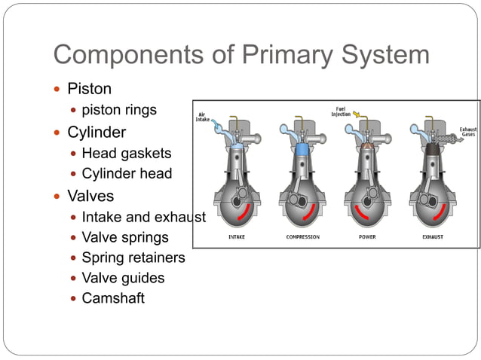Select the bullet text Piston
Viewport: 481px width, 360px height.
pyautogui.click(x=89, y=89)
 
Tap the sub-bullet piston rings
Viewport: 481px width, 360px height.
pyautogui.click(x=119, y=110)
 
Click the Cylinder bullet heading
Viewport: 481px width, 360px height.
pyautogui.click(x=97, y=133)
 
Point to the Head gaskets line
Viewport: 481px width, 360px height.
pyautogui.click(x=126, y=154)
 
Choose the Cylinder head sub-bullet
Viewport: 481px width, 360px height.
pyautogui.click(x=127, y=174)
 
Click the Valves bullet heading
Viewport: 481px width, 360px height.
pyautogui.click(x=91, y=196)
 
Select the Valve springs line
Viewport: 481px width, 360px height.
pyautogui.click(x=125, y=237)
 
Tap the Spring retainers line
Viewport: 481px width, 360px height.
pyautogui.click(x=133, y=258)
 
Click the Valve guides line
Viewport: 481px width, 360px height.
pyautogui.click(x=123, y=278)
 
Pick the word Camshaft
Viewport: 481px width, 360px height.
pyautogui.click(x=113, y=298)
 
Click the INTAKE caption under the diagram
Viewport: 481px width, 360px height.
pyautogui.click(x=236, y=237)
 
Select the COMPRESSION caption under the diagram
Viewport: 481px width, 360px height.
pyautogui.click(x=302, y=237)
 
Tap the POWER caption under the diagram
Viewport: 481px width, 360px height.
pyautogui.click(x=367, y=237)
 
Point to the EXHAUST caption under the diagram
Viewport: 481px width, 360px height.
pyautogui.click(x=433, y=237)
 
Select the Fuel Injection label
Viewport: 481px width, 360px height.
pyautogui.click(x=341, y=111)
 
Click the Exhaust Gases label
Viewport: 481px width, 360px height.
pyautogui.click(x=468, y=133)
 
